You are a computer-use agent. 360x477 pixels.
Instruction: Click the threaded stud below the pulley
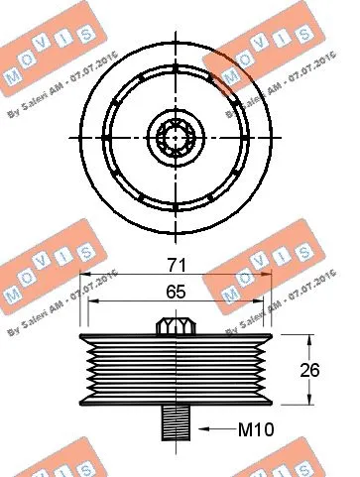tap(175, 421)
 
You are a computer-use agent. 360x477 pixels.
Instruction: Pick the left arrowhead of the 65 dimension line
tap(92, 303)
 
